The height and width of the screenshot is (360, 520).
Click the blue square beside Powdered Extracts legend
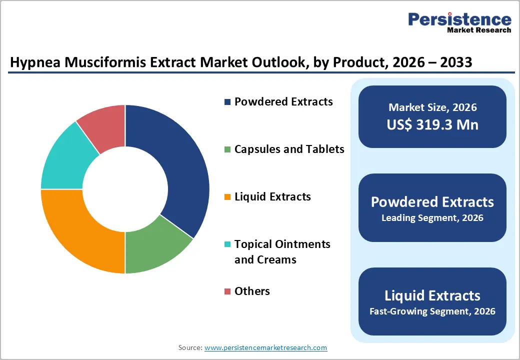[x=227, y=102]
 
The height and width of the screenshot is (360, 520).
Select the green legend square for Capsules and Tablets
[x=227, y=149]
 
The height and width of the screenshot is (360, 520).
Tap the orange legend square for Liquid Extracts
[x=227, y=197]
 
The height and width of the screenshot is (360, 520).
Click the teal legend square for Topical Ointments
[x=227, y=244]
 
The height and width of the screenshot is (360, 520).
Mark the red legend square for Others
[x=227, y=291]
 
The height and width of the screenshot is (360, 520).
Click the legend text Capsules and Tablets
[x=289, y=149]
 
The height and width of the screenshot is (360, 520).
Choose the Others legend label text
[x=252, y=291]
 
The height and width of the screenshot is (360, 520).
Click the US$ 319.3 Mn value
[x=432, y=124]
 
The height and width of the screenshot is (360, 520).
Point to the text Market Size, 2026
[x=432, y=107]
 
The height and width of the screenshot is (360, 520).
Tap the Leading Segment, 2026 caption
[x=432, y=218]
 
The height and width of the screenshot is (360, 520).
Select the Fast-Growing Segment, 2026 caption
[x=432, y=311]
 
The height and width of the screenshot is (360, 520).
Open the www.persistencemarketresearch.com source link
[x=266, y=347]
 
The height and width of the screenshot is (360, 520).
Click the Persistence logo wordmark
[x=459, y=20]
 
